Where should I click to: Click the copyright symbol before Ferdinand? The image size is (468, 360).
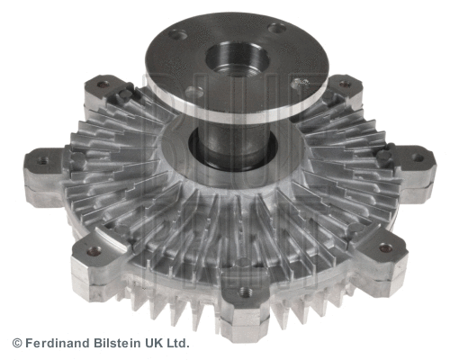coord(16,343)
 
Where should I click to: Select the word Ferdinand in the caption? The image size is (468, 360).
coord(55,343)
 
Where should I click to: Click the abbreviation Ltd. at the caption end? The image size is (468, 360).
coord(179,343)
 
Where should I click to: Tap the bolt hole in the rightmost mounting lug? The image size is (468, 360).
coord(418,157)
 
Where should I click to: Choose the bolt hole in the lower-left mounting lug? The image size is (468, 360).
coord(94,252)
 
